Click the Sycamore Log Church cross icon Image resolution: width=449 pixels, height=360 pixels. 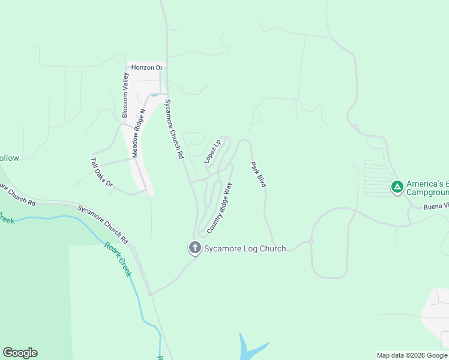click(x=194, y=247)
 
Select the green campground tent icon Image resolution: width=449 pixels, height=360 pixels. click(x=397, y=187)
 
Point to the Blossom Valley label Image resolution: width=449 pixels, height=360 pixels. click(x=125, y=95)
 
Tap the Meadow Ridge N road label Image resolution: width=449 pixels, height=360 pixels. click(x=139, y=133)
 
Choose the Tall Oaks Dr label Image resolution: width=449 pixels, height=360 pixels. click(x=101, y=173)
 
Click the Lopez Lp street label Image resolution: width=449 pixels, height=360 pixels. click(x=212, y=151)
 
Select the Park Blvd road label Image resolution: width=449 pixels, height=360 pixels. click(x=258, y=175)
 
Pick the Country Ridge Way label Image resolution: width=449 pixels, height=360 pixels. click(x=219, y=208)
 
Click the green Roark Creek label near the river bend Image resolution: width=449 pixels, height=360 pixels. click(x=118, y=259)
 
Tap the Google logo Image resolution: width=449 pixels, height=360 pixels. click(x=20, y=353)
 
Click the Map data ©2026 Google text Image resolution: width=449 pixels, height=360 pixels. click(x=412, y=355)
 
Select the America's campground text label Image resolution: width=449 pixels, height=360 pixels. click(x=427, y=188)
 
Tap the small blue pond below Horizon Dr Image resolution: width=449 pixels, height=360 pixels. click(x=154, y=95)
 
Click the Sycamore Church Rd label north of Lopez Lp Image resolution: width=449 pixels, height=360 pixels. click(x=173, y=128)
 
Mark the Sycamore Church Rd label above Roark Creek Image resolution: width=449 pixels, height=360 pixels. click(x=103, y=223)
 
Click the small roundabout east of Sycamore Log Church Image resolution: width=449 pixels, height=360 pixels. click(x=311, y=241)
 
